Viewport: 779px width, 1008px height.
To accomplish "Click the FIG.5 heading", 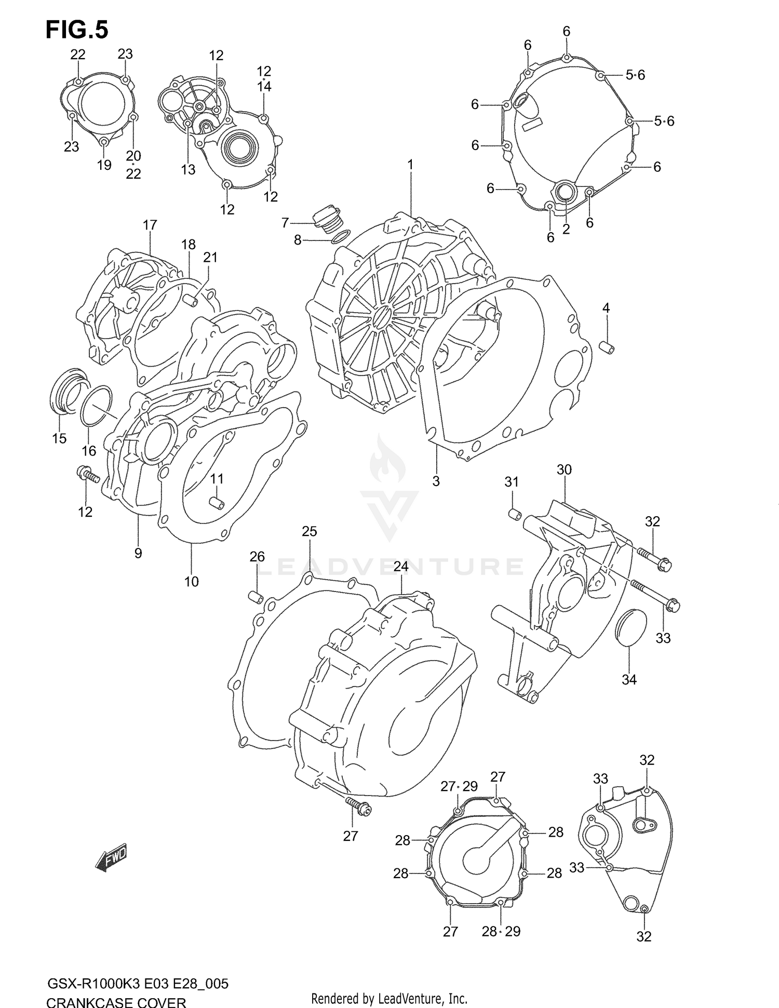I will pyautogui.click(x=77, y=30).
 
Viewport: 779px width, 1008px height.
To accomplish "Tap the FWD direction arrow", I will pyautogui.click(x=111, y=860).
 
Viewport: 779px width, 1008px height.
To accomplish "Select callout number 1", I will pyautogui.click(x=410, y=165).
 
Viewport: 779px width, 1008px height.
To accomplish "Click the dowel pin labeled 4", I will pyautogui.click(x=607, y=346).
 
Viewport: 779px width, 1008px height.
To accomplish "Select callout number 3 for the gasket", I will pyautogui.click(x=436, y=481).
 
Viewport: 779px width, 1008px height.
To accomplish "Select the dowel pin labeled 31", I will pyautogui.click(x=514, y=514).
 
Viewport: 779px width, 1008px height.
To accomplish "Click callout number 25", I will pyautogui.click(x=309, y=531).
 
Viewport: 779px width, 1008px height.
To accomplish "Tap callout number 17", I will pyautogui.click(x=150, y=225).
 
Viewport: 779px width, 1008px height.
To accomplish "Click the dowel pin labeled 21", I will pyautogui.click(x=192, y=300).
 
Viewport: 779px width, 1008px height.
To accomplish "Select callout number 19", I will pyautogui.click(x=104, y=165).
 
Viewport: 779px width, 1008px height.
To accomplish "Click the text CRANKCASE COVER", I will pyautogui.click(x=116, y=1000).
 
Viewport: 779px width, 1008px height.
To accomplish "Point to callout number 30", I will pyautogui.click(x=564, y=469).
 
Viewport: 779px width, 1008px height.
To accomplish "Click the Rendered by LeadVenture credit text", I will pyautogui.click(x=389, y=998).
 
